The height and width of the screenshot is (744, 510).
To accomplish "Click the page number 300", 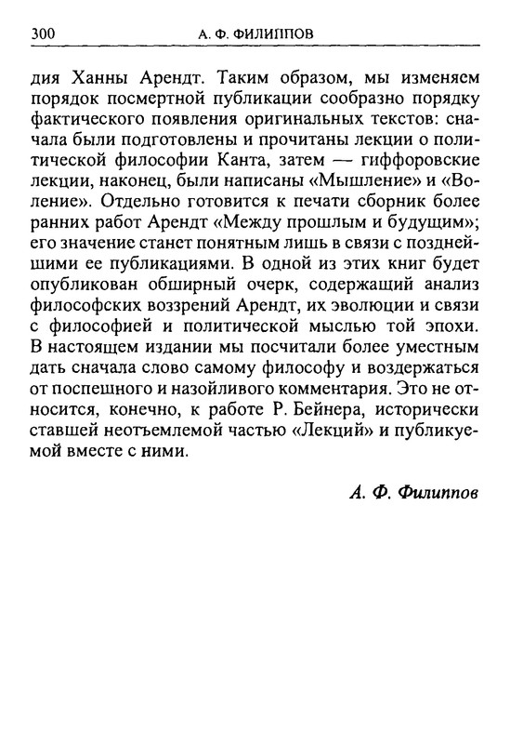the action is [46, 34].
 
